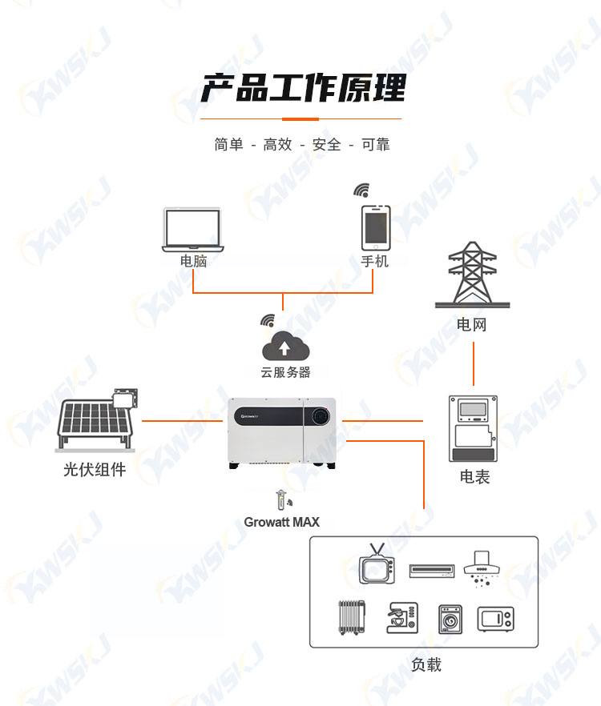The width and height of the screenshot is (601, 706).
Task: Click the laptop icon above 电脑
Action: [x=193, y=230]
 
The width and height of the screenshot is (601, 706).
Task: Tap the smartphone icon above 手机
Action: [x=376, y=228]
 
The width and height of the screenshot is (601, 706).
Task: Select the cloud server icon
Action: [x=285, y=346]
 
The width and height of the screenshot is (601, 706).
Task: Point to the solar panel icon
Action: [x=96, y=419]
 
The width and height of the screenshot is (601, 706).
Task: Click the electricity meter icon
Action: [x=473, y=429]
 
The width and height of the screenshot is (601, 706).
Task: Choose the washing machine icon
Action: [x=450, y=619]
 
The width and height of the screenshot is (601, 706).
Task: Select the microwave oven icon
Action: [x=495, y=619]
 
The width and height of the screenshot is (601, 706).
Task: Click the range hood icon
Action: [x=482, y=568]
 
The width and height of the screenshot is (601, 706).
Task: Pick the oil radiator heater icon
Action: [x=352, y=617]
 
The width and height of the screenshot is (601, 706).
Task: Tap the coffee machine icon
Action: [x=402, y=618]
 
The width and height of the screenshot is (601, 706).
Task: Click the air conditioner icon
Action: [x=431, y=571]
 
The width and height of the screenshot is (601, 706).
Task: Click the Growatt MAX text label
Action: [x=282, y=522]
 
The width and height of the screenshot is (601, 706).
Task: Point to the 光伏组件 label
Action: [x=95, y=470]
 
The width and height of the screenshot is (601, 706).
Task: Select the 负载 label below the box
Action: [x=426, y=664]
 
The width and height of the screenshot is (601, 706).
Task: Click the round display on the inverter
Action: [x=321, y=416]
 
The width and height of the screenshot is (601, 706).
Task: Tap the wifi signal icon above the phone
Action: [x=361, y=190]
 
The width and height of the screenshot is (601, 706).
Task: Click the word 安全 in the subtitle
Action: [x=326, y=145]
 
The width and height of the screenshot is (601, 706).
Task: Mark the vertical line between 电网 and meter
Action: [x=474, y=363]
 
